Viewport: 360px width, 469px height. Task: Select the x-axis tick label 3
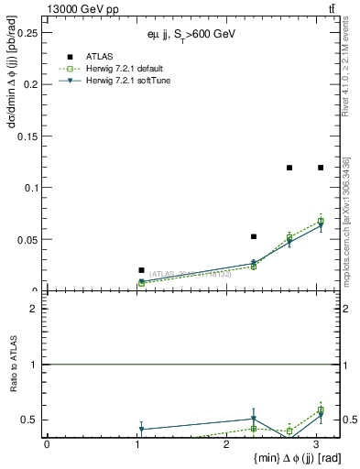click(x=316, y=444)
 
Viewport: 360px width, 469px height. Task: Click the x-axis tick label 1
click(x=136, y=444)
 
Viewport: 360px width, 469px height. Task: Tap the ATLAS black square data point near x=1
click(x=141, y=270)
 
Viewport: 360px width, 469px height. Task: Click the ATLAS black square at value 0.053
click(x=254, y=236)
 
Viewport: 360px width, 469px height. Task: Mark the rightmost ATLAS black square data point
click(x=321, y=168)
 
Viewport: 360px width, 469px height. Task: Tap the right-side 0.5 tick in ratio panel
click(x=351, y=420)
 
